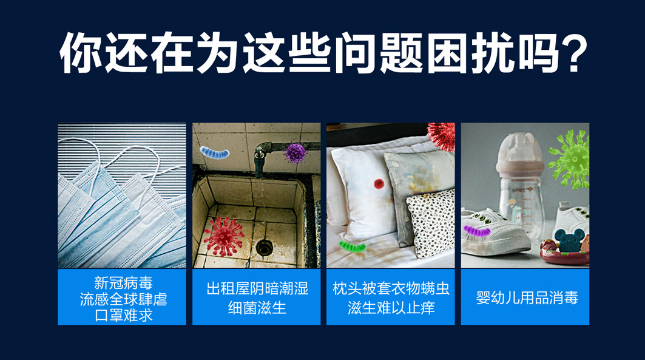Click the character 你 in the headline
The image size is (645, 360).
[80, 52]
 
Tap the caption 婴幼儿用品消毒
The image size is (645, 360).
[527, 297]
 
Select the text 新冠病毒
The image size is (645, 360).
[123, 283]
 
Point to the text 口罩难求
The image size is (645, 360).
[123, 315]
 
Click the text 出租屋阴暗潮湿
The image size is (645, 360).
[257, 288]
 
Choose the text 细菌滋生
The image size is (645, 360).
[257, 308]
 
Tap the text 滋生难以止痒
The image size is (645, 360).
[391, 308]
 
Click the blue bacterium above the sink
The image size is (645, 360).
[214, 152]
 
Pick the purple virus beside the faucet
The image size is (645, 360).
[295, 152]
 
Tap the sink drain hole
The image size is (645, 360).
[264, 247]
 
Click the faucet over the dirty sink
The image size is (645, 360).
[260, 158]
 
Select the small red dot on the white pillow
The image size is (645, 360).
[379, 183]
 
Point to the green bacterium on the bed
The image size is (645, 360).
[353, 246]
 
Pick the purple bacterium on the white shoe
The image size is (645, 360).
[477, 231]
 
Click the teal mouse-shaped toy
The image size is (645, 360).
[569, 240]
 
